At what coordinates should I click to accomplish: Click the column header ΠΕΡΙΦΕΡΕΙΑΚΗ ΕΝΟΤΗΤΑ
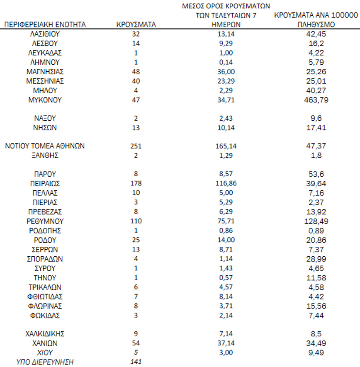pos(45,25)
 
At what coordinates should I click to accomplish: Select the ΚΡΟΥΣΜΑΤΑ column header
pos(136,25)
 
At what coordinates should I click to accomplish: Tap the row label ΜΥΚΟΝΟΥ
pos(45,100)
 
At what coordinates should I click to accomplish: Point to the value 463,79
pos(316,100)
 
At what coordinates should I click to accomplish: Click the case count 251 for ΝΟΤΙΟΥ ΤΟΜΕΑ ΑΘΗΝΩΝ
pos(136,146)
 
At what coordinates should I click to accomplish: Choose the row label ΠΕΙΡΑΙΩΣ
pos(45,183)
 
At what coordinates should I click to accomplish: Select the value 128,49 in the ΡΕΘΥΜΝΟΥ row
pos(316,221)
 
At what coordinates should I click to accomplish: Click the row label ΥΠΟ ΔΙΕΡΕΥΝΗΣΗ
pos(45,362)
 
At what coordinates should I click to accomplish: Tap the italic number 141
pos(136,362)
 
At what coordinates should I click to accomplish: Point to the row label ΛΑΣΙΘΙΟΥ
pos(45,34)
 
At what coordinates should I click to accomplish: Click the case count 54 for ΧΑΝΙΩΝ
pos(136,343)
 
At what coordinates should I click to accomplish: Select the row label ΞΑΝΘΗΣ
pos(45,156)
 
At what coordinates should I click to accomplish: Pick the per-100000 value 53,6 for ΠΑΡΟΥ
pos(316,174)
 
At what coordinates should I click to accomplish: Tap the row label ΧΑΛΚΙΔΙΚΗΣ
pos(45,334)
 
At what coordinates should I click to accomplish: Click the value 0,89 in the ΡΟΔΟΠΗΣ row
pos(316,231)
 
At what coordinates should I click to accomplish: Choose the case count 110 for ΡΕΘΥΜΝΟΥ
pos(136,221)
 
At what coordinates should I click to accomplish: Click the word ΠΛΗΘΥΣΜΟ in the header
pos(316,25)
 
